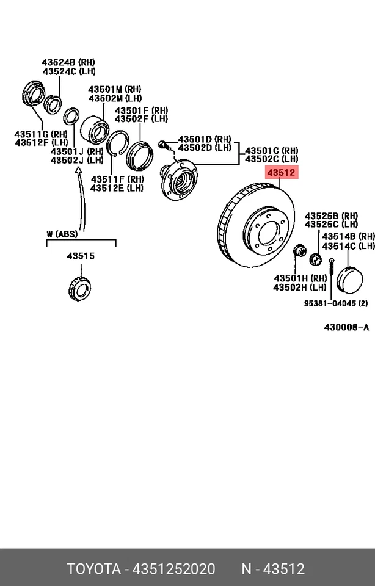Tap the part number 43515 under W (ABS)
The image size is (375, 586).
pyautogui.click(x=81, y=256)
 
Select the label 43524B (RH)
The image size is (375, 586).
pyautogui.click(x=68, y=62)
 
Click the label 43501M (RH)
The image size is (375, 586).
pyautogui.click(x=114, y=89)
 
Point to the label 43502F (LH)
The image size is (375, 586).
pyautogui.click(x=141, y=118)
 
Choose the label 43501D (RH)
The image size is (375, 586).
pyautogui.click(x=205, y=139)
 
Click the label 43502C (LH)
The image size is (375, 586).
pyautogui.click(x=272, y=159)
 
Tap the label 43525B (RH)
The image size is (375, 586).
pyautogui.click(x=332, y=215)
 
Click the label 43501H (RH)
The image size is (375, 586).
pyautogui.click(x=300, y=278)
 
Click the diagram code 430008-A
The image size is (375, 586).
pyautogui.click(x=346, y=327)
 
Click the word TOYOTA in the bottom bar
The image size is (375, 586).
pyautogui.click(x=93, y=569)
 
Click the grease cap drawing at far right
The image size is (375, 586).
pyautogui.click(x=350, y=279)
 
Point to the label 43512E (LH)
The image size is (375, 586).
pyautogui.click(x=117, y=188)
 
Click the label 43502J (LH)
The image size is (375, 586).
pyautogui.click(x=77, y=160)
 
